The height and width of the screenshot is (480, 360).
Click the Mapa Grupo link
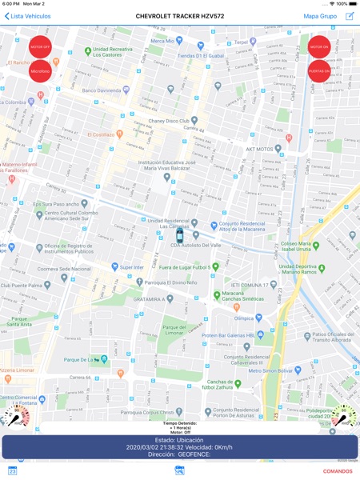pos(320,16)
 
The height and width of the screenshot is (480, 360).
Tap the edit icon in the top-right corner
pos(350,16)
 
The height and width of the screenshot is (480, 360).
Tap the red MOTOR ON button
pos(319,47)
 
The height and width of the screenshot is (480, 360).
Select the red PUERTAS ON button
pos(319,71)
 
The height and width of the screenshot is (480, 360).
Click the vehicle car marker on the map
pos(179,237)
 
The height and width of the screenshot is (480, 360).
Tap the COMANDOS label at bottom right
pos(337,471)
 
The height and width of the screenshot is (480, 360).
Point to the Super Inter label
pos(130,267)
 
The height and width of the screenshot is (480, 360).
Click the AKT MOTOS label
pos(265,149)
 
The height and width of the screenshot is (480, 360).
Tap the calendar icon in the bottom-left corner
pos(12,471)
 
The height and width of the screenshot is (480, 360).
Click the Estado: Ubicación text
pos(179,440)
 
